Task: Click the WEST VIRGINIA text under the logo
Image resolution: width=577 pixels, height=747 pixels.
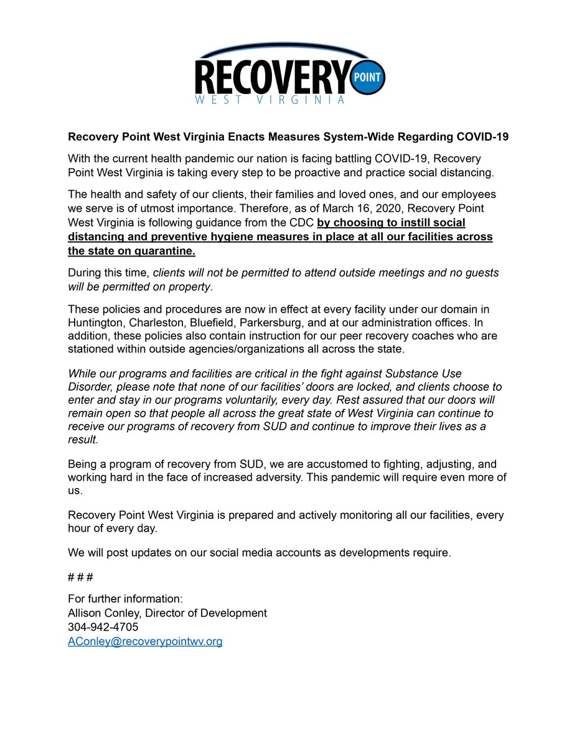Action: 269,100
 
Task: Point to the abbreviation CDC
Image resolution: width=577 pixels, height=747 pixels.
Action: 301,223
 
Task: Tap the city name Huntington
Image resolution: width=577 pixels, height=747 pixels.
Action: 96,323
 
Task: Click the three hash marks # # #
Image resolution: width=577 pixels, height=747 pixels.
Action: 80,577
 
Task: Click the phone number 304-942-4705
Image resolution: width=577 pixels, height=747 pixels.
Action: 103,627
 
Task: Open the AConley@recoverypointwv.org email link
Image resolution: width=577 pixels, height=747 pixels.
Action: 145,642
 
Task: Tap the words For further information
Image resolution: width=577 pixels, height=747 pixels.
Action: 124,599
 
